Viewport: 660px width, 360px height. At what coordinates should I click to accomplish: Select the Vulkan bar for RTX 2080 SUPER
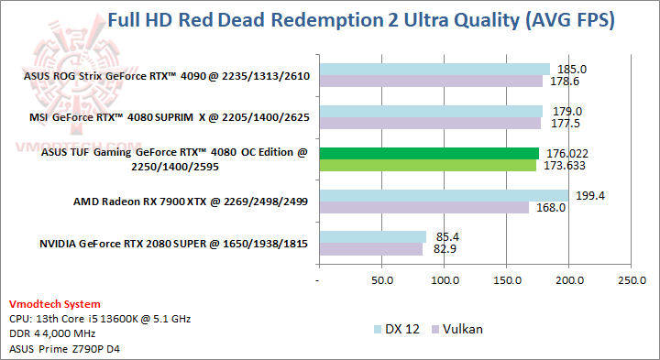370,248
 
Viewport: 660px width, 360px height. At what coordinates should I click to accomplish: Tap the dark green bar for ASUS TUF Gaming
429,153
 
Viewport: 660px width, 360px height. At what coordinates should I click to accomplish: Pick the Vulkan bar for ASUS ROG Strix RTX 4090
431,82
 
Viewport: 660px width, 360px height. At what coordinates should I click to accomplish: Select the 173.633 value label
566,166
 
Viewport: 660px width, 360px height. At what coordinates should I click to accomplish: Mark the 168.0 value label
549,208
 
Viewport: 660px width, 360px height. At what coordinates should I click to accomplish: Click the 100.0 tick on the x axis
444,279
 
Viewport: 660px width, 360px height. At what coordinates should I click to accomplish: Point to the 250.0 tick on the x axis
632,279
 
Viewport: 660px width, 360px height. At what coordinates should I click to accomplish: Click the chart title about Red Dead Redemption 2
361,19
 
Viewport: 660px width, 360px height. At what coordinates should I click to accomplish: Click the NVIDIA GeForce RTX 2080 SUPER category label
173,243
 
